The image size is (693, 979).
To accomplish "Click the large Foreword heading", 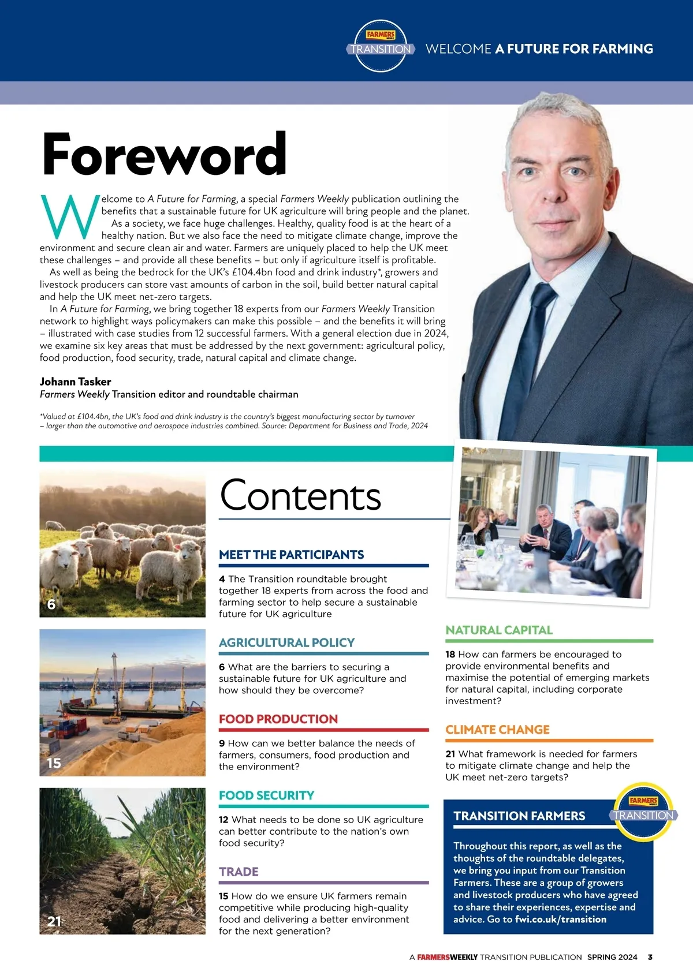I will (x=165, y=154).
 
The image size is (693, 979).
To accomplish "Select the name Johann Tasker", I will (x=75, y=382).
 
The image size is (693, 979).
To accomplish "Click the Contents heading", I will (x=300, y=496).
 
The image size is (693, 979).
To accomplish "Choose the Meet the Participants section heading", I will (x=291, y=555).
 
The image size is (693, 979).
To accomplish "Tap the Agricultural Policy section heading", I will (x=286, y=642).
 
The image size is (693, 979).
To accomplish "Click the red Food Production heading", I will (x=278, y=719).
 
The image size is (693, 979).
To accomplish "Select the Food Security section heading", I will (x=266, y=795).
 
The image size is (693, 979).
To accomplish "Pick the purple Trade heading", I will (x=239, y=872).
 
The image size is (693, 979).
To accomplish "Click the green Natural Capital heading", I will (x=499, y=630).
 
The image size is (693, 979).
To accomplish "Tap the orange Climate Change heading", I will (x=497, y=730).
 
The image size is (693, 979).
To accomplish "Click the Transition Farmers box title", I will (x=519, y=816).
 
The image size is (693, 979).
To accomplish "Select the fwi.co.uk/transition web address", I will (x=561, y=920).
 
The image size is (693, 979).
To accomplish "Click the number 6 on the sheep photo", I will (x=51, y=604).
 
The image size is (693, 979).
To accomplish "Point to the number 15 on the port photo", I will (x=54, y=763).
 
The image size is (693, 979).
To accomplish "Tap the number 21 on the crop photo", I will (x=54, y=921).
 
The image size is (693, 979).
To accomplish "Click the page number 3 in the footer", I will (x=650, y=957).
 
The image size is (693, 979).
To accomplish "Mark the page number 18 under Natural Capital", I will (x=450, y=655).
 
